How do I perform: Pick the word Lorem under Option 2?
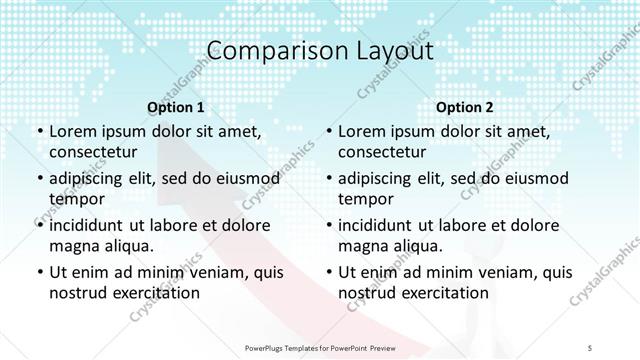[x=361, y=131]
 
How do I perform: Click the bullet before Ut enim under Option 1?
[x=38, y=272]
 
